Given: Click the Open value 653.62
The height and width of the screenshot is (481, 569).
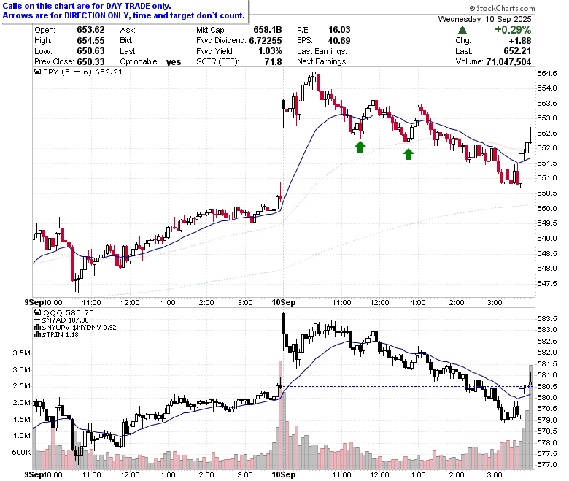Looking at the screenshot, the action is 90,30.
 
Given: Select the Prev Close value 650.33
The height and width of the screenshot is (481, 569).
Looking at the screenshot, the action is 90,62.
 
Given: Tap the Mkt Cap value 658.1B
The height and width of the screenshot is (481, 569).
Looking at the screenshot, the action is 268,30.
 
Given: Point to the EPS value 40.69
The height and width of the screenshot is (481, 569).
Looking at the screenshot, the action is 339,41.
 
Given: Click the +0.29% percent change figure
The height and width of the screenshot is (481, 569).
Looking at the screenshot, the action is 513,30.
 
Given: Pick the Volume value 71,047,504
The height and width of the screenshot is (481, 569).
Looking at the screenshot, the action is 508,62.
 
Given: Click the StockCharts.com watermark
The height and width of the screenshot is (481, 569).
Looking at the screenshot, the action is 502,8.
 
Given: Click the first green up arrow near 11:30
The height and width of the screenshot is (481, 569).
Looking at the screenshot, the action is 360,147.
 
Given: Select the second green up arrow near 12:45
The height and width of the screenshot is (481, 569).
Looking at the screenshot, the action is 409,154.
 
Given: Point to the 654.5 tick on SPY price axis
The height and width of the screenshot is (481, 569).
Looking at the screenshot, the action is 547,73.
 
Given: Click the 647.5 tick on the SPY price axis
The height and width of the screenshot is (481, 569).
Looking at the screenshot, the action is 547,283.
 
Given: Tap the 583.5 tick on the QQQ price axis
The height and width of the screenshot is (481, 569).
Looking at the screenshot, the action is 547,319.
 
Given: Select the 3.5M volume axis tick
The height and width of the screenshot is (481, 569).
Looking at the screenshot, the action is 21,353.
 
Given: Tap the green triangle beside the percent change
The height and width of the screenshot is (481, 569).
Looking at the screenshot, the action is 462,30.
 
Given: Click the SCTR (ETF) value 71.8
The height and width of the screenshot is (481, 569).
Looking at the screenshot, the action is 273,62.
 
